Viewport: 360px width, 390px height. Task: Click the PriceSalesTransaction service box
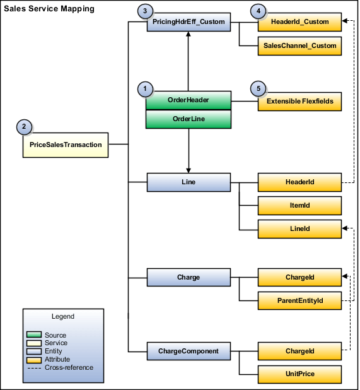point(66,145)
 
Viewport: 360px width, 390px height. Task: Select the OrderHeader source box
point(189,100)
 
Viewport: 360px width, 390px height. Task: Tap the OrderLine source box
point(189,119)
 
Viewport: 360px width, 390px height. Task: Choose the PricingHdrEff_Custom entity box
point(189,22)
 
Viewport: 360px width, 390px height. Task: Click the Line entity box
point(189,182)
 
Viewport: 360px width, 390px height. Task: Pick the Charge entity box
point(189,277)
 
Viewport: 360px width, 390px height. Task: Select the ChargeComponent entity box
point(189,350)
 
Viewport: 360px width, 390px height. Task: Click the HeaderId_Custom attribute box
point(299,22)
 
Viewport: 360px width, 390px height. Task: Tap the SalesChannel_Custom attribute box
point(299,45)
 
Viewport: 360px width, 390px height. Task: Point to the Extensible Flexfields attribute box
point(299,101)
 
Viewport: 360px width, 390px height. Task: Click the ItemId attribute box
point(299,206)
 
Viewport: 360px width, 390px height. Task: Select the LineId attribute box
point(299,228)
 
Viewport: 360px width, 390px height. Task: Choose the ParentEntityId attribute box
point(299,300)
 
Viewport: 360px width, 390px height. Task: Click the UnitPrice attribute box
point(299,374)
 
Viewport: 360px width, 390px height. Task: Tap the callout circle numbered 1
point(145,89)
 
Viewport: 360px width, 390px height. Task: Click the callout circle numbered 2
point(24,127)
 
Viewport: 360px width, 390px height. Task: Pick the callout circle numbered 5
point(256,89)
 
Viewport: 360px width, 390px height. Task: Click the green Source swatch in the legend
point(35,335)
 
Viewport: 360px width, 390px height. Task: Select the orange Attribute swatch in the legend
point(35,359)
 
